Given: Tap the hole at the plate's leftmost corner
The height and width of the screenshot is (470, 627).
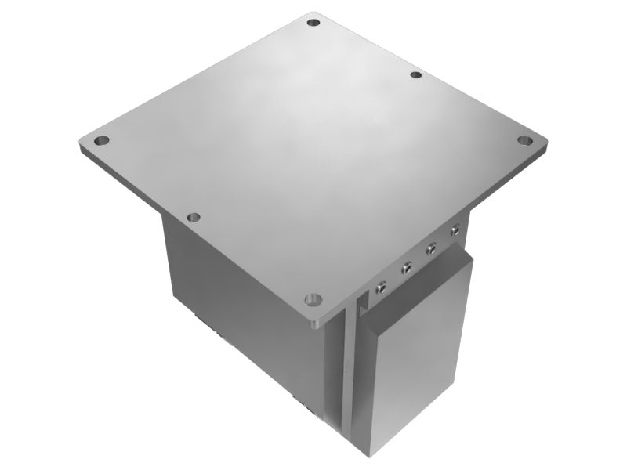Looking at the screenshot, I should point(101,142).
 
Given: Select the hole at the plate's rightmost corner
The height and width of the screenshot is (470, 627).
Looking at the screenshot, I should point(524,140).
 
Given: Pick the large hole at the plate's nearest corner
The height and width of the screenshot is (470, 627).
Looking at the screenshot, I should point(313,299).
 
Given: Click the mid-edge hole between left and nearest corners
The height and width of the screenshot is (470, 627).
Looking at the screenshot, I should point(194,217).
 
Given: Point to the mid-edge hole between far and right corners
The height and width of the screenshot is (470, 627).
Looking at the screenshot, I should point(416,75).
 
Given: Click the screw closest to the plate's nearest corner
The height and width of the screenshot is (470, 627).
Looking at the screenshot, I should point(382,286).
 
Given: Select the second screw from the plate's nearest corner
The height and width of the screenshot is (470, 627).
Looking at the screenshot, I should point(406,269).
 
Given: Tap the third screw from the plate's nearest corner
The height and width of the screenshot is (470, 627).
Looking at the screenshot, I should point(430,251).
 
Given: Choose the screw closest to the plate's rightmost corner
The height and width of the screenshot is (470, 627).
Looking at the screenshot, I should point(454,230).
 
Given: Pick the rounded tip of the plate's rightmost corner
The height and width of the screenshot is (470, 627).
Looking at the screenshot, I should point(544,143).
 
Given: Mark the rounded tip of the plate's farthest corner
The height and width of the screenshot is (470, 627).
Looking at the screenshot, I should point(314,13).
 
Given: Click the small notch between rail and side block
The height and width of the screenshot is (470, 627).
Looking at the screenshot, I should point(362,310).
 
